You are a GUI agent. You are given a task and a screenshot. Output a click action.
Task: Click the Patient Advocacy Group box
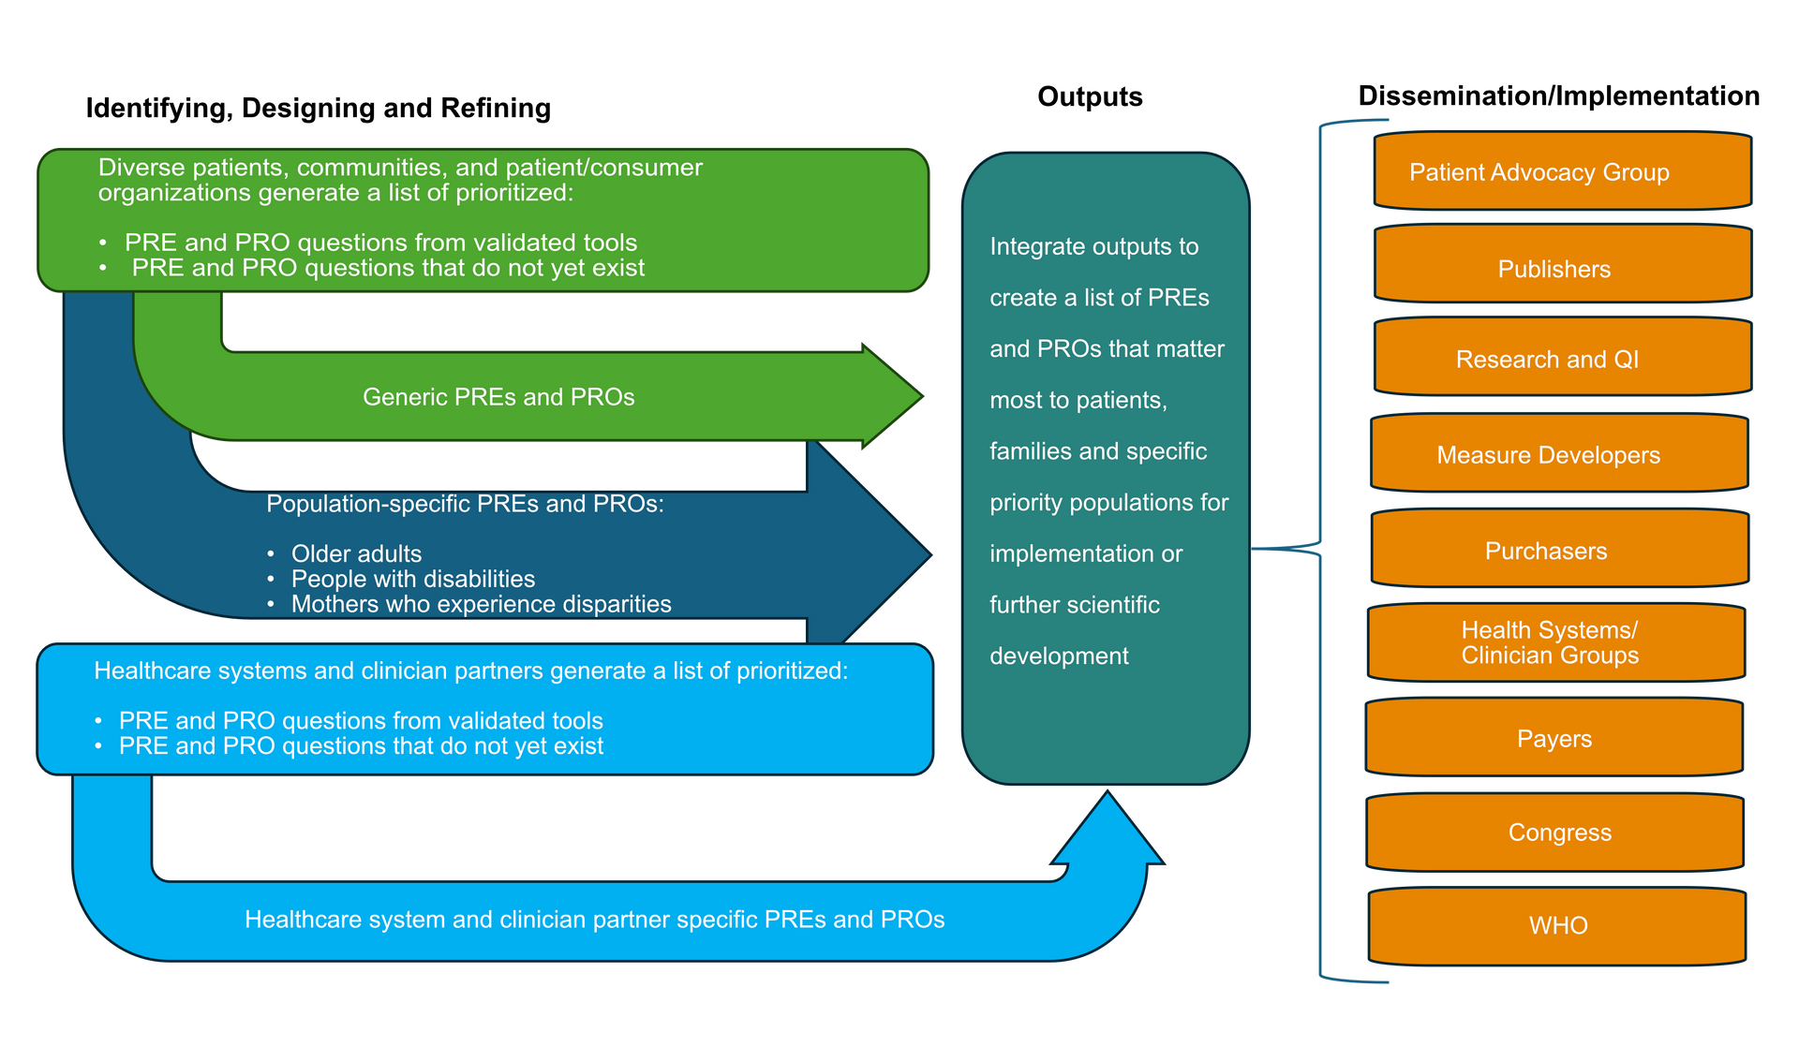pyautogui.click(x=1561, y=171)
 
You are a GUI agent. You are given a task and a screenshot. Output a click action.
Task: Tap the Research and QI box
pyautogui.click(x=1561, y=359)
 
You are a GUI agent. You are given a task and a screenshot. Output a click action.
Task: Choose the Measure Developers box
pyautogui.click(x=1558, y=454)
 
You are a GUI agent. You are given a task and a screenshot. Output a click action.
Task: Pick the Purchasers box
pyautogui.click(x=1558, y=550)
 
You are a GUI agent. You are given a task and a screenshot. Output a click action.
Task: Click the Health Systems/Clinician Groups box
pyautogui.click(x=1555, y=642)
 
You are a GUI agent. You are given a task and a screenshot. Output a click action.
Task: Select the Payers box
pyautogui.click(x=1554, y=738)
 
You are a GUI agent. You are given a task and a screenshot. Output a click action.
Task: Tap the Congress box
pyautogui.click(x=1555, y=832)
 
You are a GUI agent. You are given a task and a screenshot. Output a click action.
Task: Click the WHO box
pyautogui.click(x=1557, y=925)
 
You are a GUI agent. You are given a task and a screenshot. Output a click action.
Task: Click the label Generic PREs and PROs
pyautogui.click(x=498, y=397)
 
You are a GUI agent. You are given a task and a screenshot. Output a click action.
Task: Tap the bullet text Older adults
pyautogui.click(x=356, y=553)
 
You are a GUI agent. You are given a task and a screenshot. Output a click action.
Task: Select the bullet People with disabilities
pyautogui.click(x=412, y=579)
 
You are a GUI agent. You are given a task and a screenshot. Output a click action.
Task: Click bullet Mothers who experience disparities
pyautogui.click(x=481, y=604)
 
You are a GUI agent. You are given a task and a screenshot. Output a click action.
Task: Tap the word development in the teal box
pyautogui.click(x=1059, y=656)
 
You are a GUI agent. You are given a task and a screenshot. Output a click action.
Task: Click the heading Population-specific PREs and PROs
pyautogui.click(x=465, y=504)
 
